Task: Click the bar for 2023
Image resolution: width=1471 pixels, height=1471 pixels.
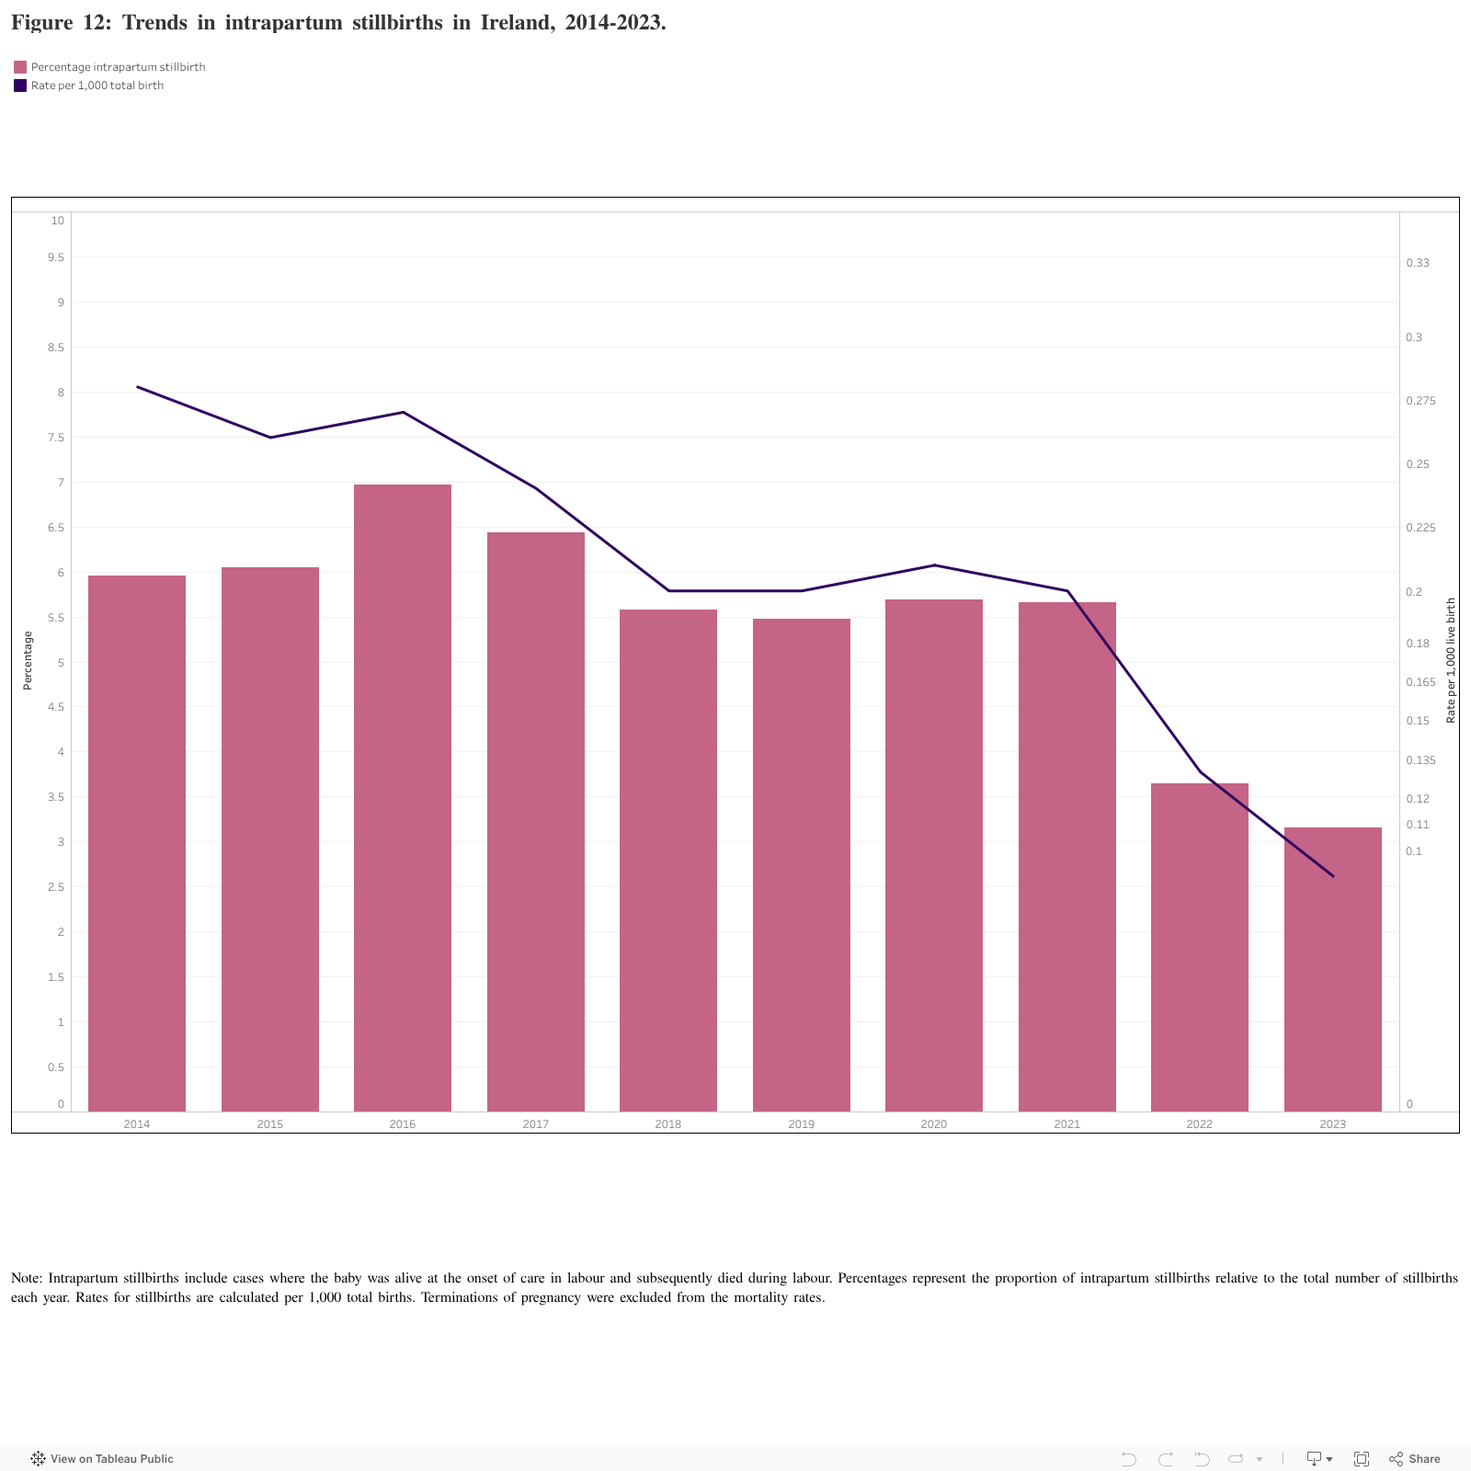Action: pos(1332,969)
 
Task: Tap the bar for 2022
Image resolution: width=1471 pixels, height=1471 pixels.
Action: pos(1199,947)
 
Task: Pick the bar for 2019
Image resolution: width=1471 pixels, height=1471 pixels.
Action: pos(801,864)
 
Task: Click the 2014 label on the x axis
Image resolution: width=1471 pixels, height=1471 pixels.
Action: pos(137,1124)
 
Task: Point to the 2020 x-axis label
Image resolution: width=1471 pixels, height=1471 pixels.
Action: pos(933,1124)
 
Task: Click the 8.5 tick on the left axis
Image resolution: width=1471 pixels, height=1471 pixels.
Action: pos(56,348)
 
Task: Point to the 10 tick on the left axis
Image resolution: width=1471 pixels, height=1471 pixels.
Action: pos(58,221)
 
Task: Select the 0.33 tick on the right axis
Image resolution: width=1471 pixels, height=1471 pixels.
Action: pos(1418,263)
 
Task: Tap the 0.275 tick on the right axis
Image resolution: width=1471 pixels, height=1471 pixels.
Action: pos(1420,401)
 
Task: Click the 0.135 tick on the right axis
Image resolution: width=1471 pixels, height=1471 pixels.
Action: pos(1420,760)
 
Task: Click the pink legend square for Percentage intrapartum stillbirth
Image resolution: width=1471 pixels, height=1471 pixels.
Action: pos(20,67)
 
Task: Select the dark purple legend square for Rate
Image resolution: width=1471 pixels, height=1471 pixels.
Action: pos(20,86)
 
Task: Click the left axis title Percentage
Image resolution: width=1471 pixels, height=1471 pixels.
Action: pos(28,660)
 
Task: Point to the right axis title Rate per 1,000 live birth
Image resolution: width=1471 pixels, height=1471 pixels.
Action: pos(1451,660)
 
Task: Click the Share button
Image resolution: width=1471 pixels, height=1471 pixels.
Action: pos(1415,1459)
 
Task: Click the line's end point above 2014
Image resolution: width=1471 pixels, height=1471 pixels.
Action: pos(137,387)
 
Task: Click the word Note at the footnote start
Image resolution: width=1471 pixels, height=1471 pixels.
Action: pos(26,1278)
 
